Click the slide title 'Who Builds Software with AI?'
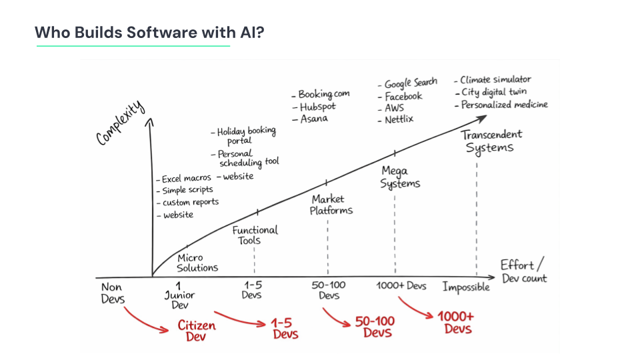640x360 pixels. click(149, 32)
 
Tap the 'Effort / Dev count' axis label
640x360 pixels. click(523, 271)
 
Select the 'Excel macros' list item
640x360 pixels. click(187, 179)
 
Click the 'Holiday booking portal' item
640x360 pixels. click(246, 135)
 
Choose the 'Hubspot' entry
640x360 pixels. click(317, 107)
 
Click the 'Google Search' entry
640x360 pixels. click(411, 83)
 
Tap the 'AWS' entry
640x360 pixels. click(394, 108)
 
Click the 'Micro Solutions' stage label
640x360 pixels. click(197, 263)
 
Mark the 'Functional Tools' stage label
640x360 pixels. click(255, 235)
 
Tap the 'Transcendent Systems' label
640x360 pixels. click(491, 141)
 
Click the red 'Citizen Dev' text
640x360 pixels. click(197, 331)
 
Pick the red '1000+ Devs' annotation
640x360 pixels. click(456, 323)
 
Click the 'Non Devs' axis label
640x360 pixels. click(113, 293)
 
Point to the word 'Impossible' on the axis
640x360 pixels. click(466, 287)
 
